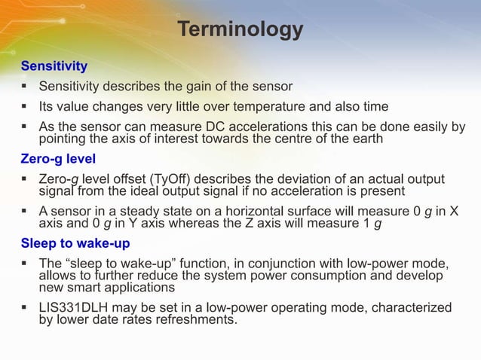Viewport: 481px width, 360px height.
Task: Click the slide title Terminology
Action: (x=240, y=29)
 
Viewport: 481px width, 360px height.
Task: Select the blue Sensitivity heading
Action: (x=54, y=67)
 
